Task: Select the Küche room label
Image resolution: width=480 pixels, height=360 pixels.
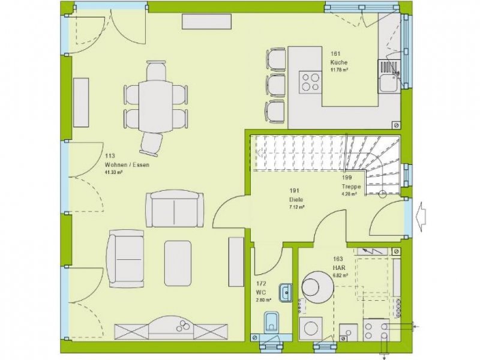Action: click(338, 62)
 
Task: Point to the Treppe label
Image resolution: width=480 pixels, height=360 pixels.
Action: click(350, 186)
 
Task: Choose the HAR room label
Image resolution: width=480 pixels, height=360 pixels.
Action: click(340, 268)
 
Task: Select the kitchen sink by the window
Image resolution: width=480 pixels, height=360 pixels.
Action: click(388, 76)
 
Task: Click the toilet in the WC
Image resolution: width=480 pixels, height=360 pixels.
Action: click(271, 322)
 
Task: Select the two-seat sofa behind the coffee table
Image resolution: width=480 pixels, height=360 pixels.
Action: click(176, 209)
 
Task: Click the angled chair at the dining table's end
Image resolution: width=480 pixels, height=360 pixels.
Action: click(152, 143)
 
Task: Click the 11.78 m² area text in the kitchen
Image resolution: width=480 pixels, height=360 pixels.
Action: click(339, 70)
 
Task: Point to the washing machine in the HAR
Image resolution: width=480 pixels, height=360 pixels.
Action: click(311, 329)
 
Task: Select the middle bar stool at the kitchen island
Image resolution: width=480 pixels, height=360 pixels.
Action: click(276, 84)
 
